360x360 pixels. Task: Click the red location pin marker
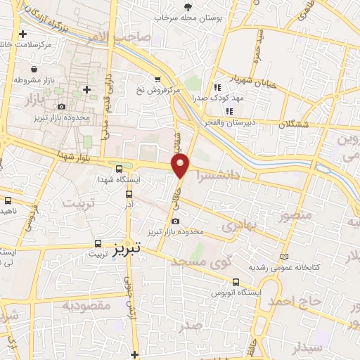(x=181, y=167)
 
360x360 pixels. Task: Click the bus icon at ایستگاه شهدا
(x=120, y=169)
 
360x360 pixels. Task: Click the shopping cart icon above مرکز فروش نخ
(x=157, y=79)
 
